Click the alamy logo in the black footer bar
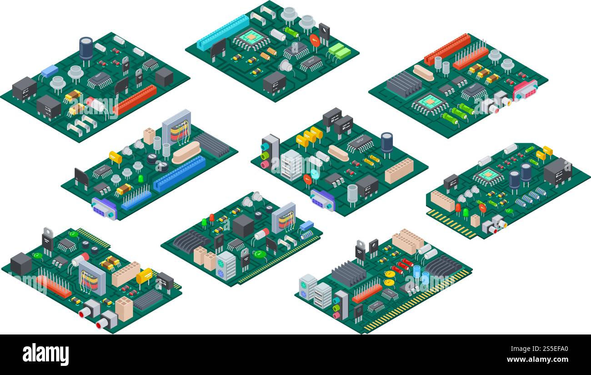[x=45, y=355]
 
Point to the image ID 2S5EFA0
[x=544, y=349]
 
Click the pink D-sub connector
[x=525, y=90]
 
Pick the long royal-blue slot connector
[x=180, y=173]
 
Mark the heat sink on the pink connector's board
[x=404, y=84]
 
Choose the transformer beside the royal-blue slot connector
[x=176, y=127]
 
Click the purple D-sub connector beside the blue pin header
[x=104, y=208]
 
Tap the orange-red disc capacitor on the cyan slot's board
[x=315, y=40]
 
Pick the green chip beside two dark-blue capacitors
[x=488, y=174]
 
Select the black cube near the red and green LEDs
[x=242, y=226]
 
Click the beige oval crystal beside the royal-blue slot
[x=186, y=152]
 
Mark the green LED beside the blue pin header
[x=141, y=178]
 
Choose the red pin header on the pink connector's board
[x=470, y=58]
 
